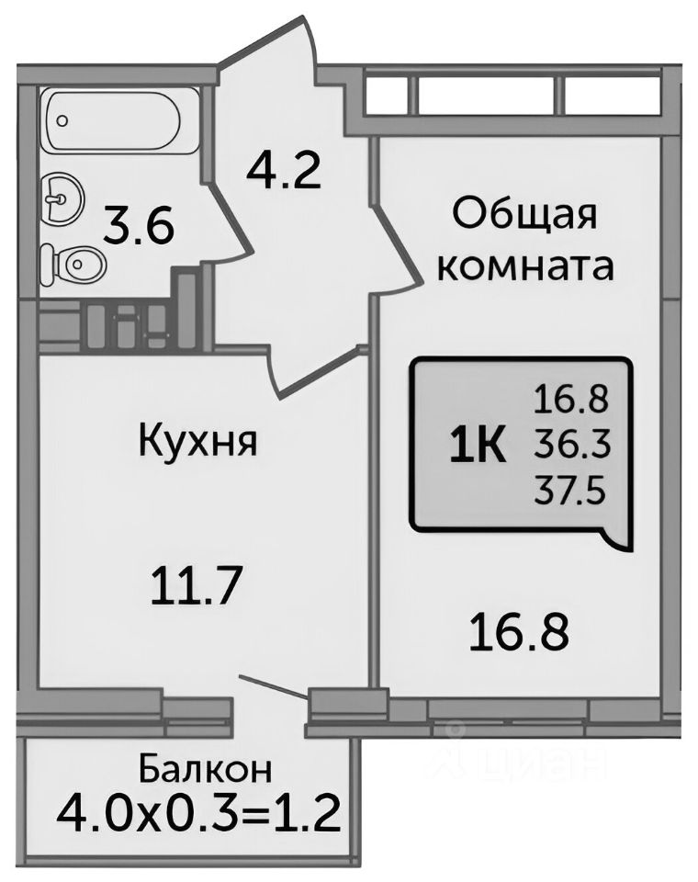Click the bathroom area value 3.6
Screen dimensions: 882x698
click(138, 226)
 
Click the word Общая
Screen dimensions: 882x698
click(524, 217)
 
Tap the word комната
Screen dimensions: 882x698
click(524, 266)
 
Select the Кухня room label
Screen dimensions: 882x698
click(197, 442)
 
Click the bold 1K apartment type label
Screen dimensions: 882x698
click(476, 447)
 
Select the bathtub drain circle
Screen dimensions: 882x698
click(62, 120)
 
